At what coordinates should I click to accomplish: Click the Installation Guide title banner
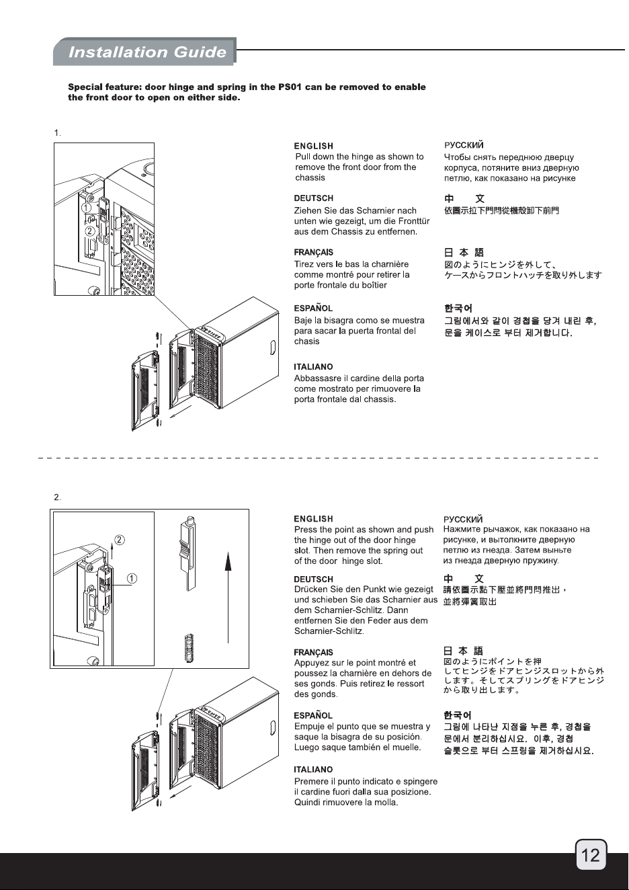[x=145, y=52]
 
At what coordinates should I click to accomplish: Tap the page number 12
[x=591, y=855]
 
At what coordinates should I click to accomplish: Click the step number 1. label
[x=58, y=133]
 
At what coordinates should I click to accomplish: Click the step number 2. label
[x=58, y=497]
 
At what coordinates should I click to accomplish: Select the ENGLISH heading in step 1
[x=313, y=146]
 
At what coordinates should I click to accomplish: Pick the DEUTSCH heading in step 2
[x=313, y=579]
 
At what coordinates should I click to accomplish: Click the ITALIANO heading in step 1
[x=313, y=367]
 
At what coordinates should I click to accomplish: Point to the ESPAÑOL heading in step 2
[x=313, y=716]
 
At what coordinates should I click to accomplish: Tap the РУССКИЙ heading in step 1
[x=464, y=145]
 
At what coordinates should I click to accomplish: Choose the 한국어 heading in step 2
[x=458, y=716]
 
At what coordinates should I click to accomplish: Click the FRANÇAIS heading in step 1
[x=313, y=252]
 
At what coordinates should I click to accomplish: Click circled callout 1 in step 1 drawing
[x=86, y=208]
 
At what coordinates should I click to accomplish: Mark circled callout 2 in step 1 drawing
[x=90, y=231]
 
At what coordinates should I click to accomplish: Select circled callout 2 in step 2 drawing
[x=120, y=540]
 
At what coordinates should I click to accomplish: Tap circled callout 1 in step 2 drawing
[x=132, y=578]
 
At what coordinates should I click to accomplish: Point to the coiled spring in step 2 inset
[x=190, y=648]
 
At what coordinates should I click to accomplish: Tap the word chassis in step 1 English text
[x=310, y=177]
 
